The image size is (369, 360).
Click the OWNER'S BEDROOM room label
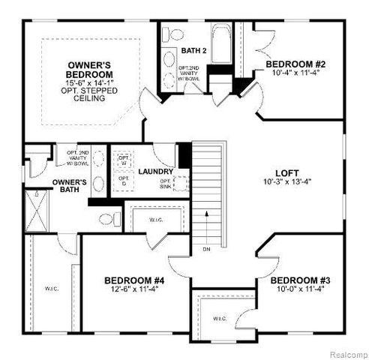tap(90, 70)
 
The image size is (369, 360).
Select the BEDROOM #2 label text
tap(295, 65)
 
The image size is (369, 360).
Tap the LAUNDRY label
tap(156, 172)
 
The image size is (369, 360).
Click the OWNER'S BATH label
tap(70, 186)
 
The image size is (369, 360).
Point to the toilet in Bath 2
tap(172, 35)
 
